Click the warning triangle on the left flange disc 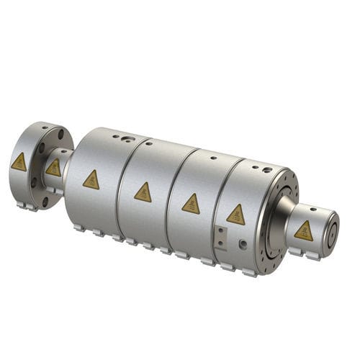pos(19,163)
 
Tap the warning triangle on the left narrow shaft pos(53,168)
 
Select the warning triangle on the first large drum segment pos(91,179)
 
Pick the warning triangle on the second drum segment pos(143,192)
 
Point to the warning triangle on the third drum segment pos(191,204)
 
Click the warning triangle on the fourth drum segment pos(235,215)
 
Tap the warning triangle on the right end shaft pos(304,230)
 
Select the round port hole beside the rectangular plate pos(243,245)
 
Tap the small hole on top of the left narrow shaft pos(62,152)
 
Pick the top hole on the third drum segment pos(213,156)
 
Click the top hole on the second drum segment pos(149,143)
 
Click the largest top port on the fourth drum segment pos(267,170)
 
